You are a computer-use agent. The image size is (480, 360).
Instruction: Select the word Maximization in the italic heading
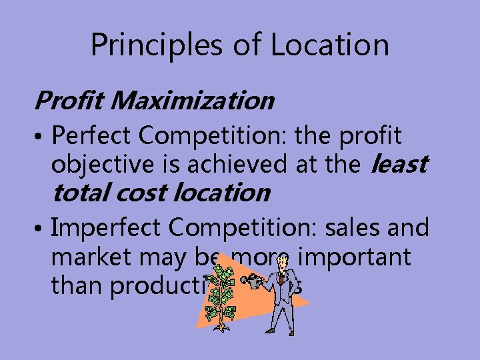[x=193, y=101]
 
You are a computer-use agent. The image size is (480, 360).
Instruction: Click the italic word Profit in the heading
[x=70, y=101]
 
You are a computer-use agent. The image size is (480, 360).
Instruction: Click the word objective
[x=94, y=164]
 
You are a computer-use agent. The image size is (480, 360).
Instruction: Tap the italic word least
[x=397, y=164]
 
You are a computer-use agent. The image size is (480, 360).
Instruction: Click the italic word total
[x=81, y=193]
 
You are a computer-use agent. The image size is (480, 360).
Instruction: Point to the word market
[x=91, y=257]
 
